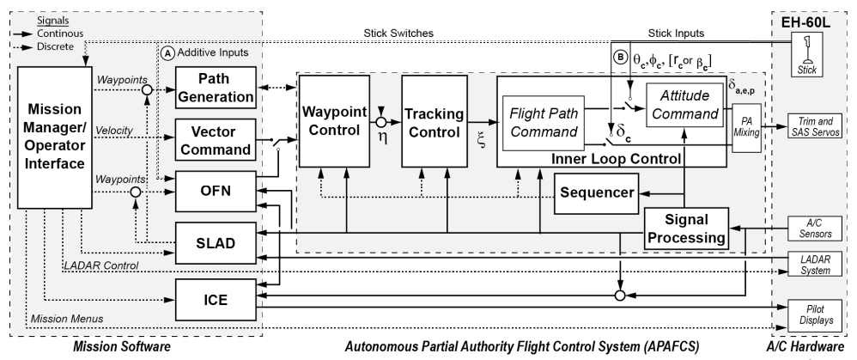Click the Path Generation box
point(216,88)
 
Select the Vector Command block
point(216,139)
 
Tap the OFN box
point(216,191)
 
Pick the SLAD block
point(216,243)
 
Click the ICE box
point(216,300)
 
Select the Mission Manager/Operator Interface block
point(55,137)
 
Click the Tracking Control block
point(434,121)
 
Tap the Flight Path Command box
point(544,123)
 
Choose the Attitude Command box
point(685,105)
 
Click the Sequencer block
point(596,193)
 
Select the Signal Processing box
point(686,229)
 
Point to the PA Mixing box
point(746,128)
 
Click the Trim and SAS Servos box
point(815,127)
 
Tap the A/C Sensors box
point(815,229)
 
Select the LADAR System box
point(815,265)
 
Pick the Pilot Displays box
point(815,315)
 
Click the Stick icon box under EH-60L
point(806,53)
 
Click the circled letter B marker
point(620,58)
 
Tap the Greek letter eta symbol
point(382,137)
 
